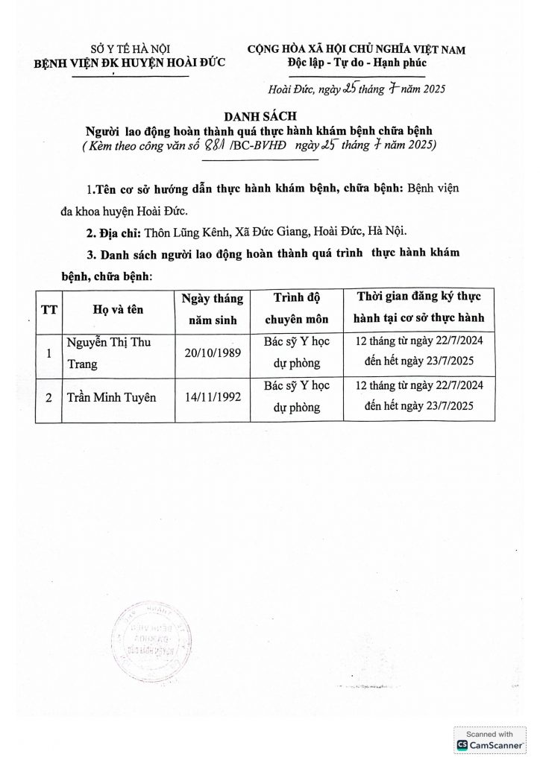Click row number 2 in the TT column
(48, 398)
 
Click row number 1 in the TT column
(48, 354)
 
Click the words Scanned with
(489, 733)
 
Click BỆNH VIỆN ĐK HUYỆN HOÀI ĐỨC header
(110, 64)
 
